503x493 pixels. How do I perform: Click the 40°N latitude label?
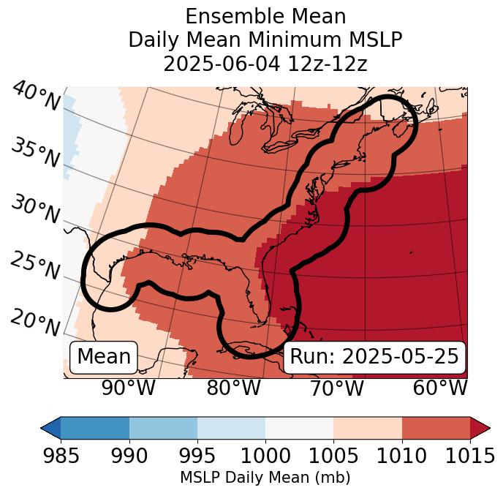(x=35, y=97)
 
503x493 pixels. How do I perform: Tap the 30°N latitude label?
(x=35, y=210)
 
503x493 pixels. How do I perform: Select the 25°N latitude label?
(x=35, y=266)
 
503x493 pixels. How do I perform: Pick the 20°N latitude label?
(x=35, y=322)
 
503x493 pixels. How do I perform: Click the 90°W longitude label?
(x=129, y=388)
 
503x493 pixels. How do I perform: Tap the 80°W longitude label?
(x=234, y=388)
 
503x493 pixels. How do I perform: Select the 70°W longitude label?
(x=337, y=388)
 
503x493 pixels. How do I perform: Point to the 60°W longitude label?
(x=440, y=388)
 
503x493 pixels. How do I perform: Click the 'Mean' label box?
(x=104, y=357)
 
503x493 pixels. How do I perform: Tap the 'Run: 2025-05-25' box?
(x=374, y=357)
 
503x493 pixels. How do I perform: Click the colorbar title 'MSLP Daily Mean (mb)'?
(x=265, y=478)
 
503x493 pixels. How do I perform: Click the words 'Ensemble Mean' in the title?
(x=265, y=16)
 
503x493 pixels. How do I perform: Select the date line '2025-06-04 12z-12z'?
(x=265, y=64)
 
